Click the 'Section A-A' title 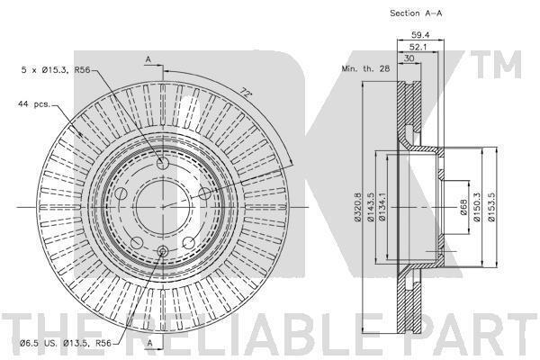click(x=416, y=13)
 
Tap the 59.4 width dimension click(x=420, y=35)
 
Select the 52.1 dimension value click(x=418, y=47)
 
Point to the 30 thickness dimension click(x=409, y=58)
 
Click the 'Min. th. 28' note click(x=365, y=68)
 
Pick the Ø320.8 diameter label click(x=358, y=207)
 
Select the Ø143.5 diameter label click(x=371, y=207)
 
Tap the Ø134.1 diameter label click(x=382, y=207)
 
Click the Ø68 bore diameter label click(x=463, y=207)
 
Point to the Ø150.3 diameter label click(x=477, y=207)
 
